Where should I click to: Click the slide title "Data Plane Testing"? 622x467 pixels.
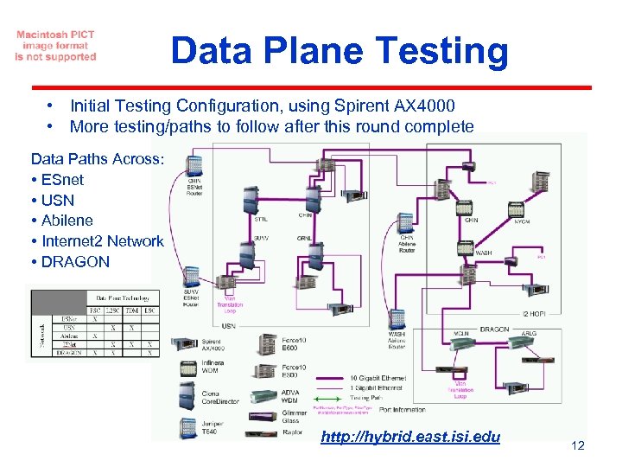(340, 51)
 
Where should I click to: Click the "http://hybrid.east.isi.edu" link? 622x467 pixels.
(410, 437)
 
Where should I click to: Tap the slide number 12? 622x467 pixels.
(578, 445)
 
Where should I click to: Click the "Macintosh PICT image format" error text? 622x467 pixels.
(55, 46)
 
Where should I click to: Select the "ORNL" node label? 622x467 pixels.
(305, 238)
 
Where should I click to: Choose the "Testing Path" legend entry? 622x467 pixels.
(368, 396)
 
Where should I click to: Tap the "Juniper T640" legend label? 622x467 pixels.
(213, 427)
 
